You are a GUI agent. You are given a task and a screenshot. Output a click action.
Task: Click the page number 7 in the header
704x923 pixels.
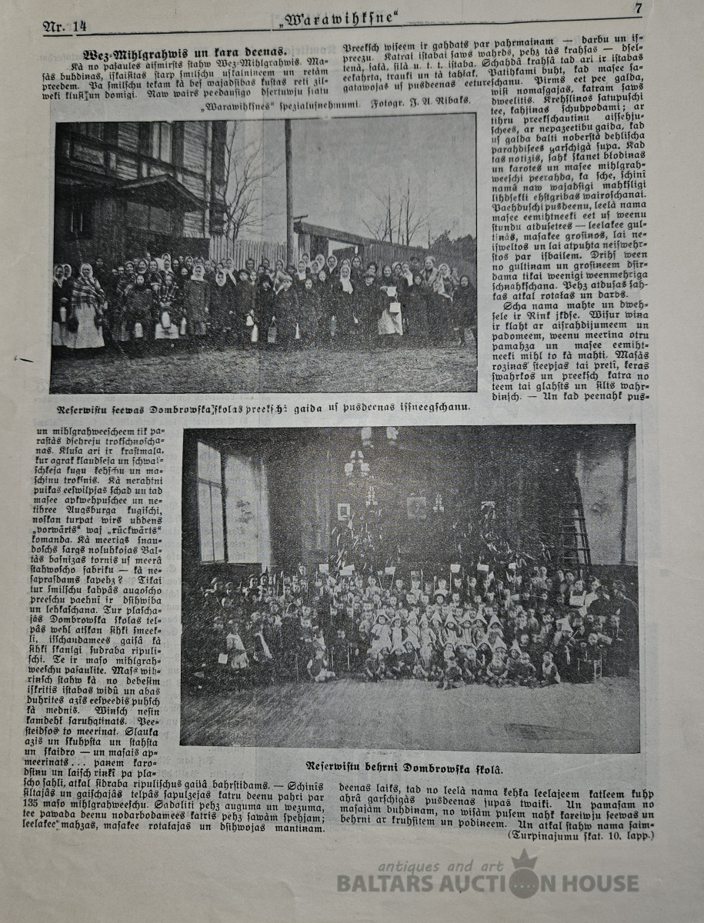[x=638, y=8]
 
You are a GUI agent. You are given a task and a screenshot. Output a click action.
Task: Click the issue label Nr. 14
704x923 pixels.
[x=65, y=27]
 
